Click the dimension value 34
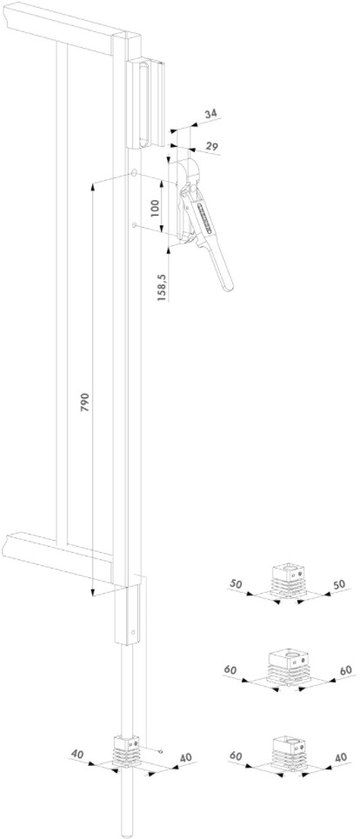tap(210, 113)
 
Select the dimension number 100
tap(155, 208)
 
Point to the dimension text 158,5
tap(163, 288)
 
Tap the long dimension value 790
tap(85, 402)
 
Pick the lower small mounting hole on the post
tap(134, 224)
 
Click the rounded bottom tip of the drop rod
tap(127, 833)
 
